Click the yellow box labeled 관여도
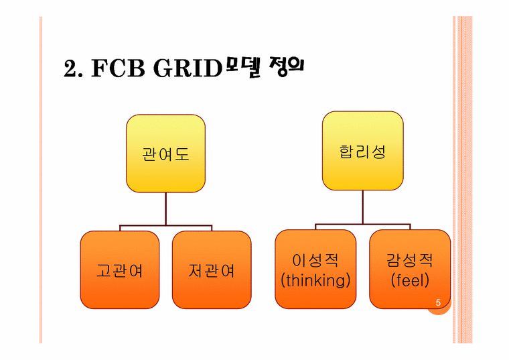[x=165, y=154]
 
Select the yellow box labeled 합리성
[x=362, y=151]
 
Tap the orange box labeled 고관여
[x=120, y=269]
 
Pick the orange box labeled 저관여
[x=212, y=269]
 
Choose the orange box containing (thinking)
[x=315, y=269]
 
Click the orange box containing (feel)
[x=410, y=269]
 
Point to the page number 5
[x=438, y=303]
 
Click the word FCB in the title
[x=118, y=68]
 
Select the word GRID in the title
[x=188, y=68]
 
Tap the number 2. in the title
[x=73, y=68]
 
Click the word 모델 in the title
[x=244, y=67]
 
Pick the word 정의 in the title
[x=287, y=66]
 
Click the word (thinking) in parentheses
[x=315, y=280]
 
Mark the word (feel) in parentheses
[x=410, y=280]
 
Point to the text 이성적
[x=315, y=260]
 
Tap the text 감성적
[x=410, y=260]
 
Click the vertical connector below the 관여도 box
[x=165, y=208]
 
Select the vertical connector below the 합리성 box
[x=362, y=207]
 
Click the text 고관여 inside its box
[x=120, y=270]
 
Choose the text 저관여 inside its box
[x=212, y=270]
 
